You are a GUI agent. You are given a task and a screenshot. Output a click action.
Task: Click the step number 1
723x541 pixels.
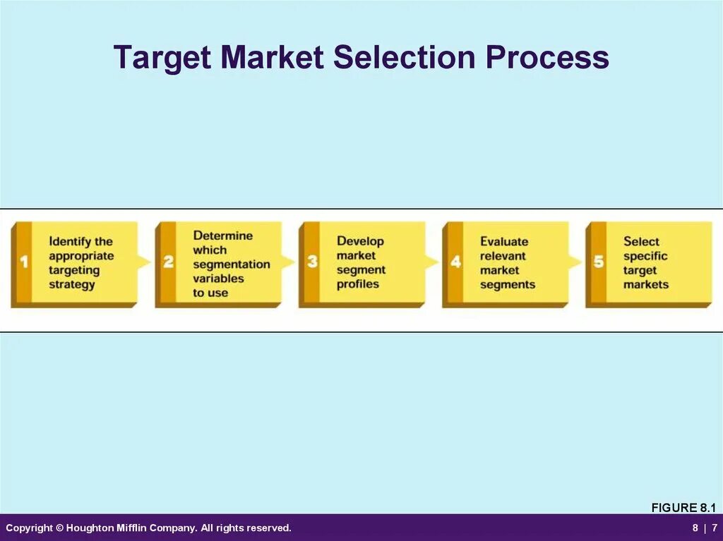point(24,262)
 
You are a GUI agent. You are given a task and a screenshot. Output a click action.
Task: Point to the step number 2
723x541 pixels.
point(168,262)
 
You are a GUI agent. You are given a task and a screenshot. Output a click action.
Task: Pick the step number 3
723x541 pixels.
point(312,262)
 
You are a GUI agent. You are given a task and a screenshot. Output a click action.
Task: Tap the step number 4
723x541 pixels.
point(455,262)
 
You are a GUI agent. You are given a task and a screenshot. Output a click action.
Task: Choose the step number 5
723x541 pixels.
point(599,262)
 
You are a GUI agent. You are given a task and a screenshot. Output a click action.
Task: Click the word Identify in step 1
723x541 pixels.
point(70,242)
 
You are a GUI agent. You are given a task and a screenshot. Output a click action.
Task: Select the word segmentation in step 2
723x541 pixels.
point(232,265)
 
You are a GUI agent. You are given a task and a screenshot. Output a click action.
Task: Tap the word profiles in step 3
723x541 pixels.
point(357,284)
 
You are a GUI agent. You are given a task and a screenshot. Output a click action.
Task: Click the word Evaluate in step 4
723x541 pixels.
point(504,242)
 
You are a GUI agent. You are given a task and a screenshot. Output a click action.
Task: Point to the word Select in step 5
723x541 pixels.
point(641,242)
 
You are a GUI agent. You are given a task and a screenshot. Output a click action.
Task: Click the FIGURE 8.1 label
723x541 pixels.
point(683,508)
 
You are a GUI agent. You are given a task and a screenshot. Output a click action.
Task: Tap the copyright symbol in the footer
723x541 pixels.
point(59,528)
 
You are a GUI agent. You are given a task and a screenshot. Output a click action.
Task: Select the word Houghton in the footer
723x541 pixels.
point(90,528)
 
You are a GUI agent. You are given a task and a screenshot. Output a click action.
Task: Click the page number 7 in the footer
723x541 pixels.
point(715,528)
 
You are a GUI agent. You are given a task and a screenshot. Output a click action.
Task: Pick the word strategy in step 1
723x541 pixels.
point(71,284)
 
